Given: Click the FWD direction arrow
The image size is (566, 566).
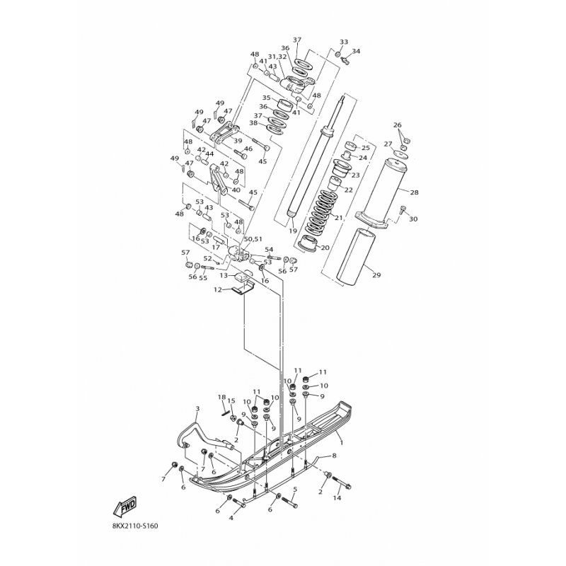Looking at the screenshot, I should (125, 507).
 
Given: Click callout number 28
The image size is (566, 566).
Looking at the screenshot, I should (414, 192).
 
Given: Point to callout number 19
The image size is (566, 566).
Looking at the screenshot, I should (291, 231).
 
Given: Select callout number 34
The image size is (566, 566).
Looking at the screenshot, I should (356, 52).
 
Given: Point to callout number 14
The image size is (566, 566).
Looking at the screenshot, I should (337, 498).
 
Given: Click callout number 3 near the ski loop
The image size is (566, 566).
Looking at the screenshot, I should (197, 409).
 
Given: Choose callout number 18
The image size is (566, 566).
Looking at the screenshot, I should (221, 397).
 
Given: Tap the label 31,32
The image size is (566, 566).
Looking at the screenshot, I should (277, 57).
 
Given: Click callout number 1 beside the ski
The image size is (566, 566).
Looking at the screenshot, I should (341, 442).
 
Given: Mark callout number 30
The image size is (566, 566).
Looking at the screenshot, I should (414, 219).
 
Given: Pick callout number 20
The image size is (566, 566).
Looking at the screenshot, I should (325, 248).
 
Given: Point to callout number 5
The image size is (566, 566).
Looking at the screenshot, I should (294, 489).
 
